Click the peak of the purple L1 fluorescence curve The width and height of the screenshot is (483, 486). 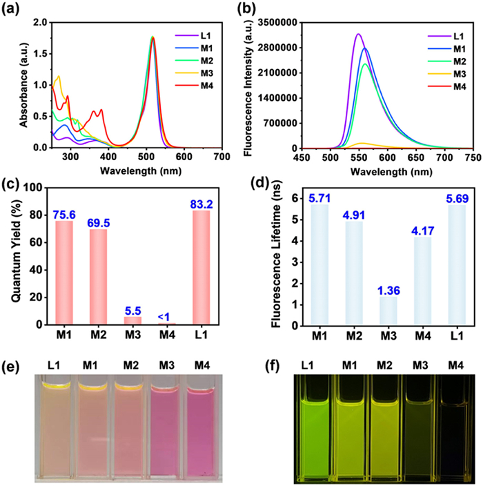(358, 34)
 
